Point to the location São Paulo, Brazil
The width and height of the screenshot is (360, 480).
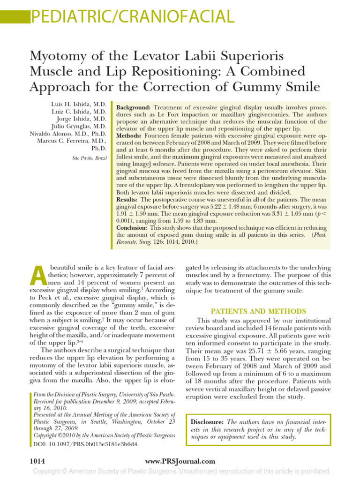click(x=89, y=158)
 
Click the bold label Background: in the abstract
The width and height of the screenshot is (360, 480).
click(x=133, y=107)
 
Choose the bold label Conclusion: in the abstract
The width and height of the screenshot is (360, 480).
click(x=132, y=227)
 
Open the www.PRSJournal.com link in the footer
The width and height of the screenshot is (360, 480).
click(x=180, y=461)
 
